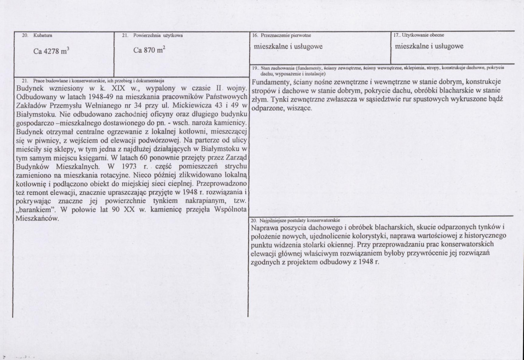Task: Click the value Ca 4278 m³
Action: [51, 51]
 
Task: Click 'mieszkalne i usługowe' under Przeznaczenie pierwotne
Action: [288, 46]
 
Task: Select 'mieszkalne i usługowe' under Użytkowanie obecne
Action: [429, 46]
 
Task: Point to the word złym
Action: [260, 100]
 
